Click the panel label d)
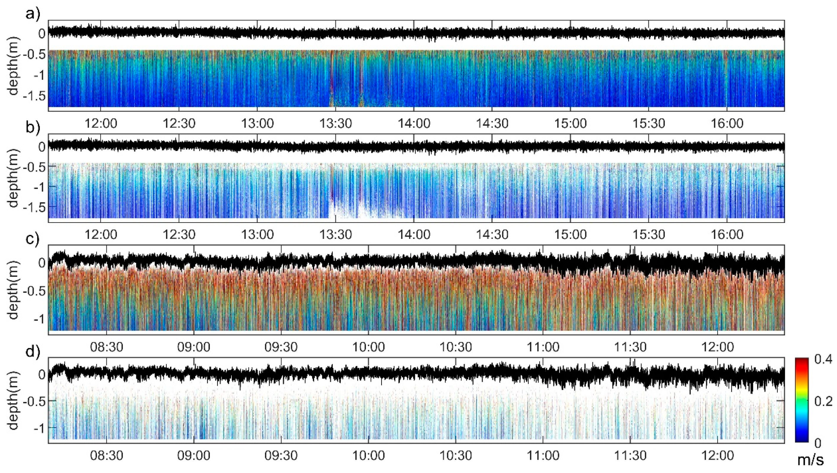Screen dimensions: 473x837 tap(33, 352)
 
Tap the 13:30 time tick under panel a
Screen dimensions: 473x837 tap(336, 124)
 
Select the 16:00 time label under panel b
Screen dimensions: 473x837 tap(727, 234)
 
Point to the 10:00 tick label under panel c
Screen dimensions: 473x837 tap(369, 347)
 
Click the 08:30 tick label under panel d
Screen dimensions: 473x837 tap(107, 456)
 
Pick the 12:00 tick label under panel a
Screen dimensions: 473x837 tap(101, 124)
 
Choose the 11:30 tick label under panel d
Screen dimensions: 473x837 tap(630, 456)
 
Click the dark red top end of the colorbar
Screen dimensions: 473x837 tap(802, 361)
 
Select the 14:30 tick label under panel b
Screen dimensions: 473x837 tap(492, 234)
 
